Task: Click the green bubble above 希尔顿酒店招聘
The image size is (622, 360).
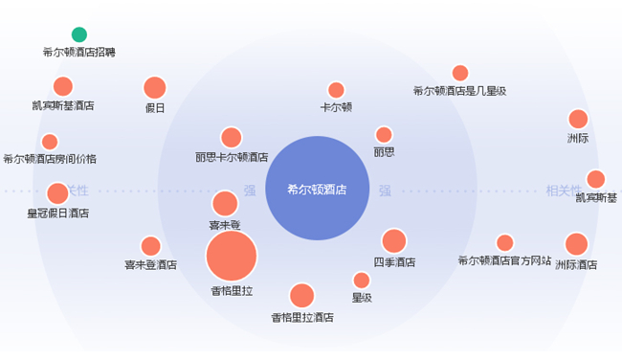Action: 79,34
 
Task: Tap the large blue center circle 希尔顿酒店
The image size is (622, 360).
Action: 318,188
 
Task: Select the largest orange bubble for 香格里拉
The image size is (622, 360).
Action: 232,256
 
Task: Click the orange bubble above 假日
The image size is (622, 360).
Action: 155,88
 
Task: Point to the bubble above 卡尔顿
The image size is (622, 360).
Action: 336,90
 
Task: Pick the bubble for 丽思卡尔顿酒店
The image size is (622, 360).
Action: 232,138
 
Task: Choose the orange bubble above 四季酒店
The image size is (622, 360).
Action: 394,241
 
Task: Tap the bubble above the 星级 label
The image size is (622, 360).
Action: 362,281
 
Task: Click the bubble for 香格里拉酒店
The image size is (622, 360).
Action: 301,296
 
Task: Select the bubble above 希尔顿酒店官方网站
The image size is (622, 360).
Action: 505,243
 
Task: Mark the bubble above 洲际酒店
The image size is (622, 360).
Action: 576,244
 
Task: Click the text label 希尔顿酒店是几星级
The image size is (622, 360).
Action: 459,91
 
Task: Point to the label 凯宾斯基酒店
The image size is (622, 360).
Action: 63,105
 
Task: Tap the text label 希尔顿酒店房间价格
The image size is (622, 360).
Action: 50,159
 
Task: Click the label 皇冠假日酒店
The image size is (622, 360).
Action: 58,214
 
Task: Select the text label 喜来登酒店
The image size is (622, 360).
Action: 151,265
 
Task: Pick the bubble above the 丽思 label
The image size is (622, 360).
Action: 384,135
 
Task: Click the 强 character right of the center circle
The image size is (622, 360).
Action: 385,191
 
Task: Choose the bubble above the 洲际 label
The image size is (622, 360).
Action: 578,119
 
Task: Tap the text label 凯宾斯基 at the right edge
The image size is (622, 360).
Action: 596,197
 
